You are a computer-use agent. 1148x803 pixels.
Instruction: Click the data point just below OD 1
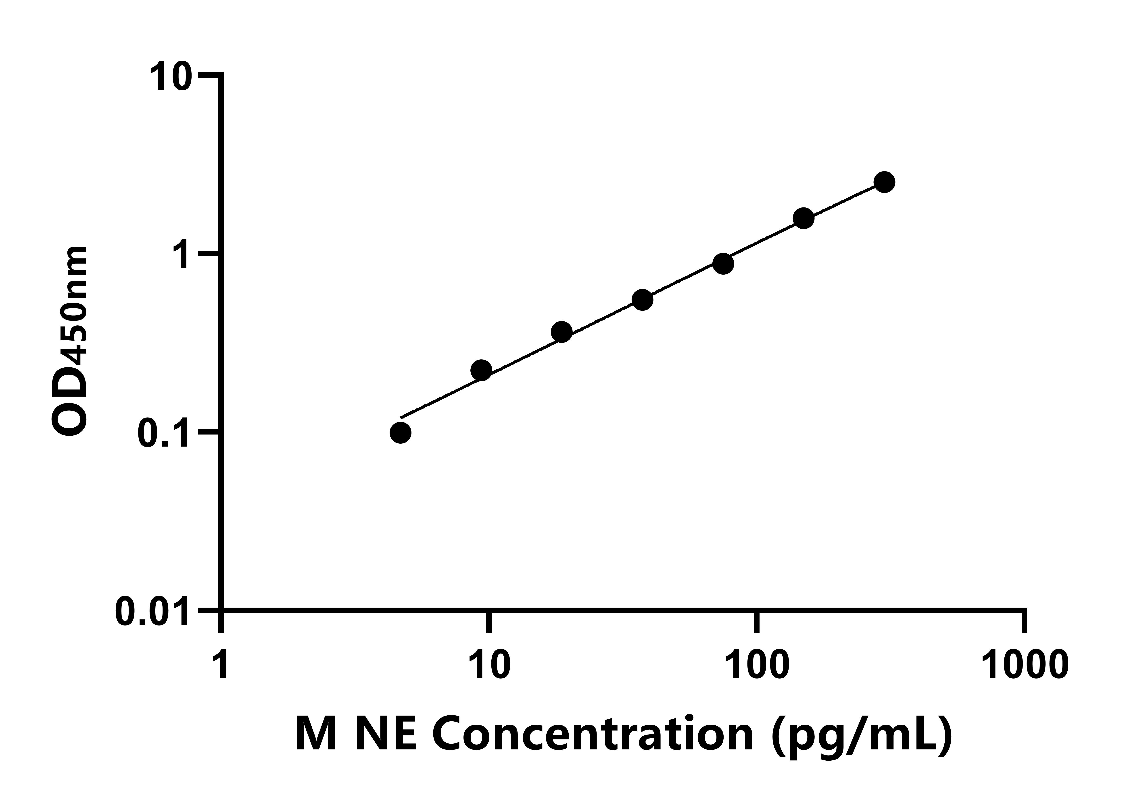point(723,263)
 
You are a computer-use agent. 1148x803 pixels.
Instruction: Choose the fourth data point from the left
point(643,300)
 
